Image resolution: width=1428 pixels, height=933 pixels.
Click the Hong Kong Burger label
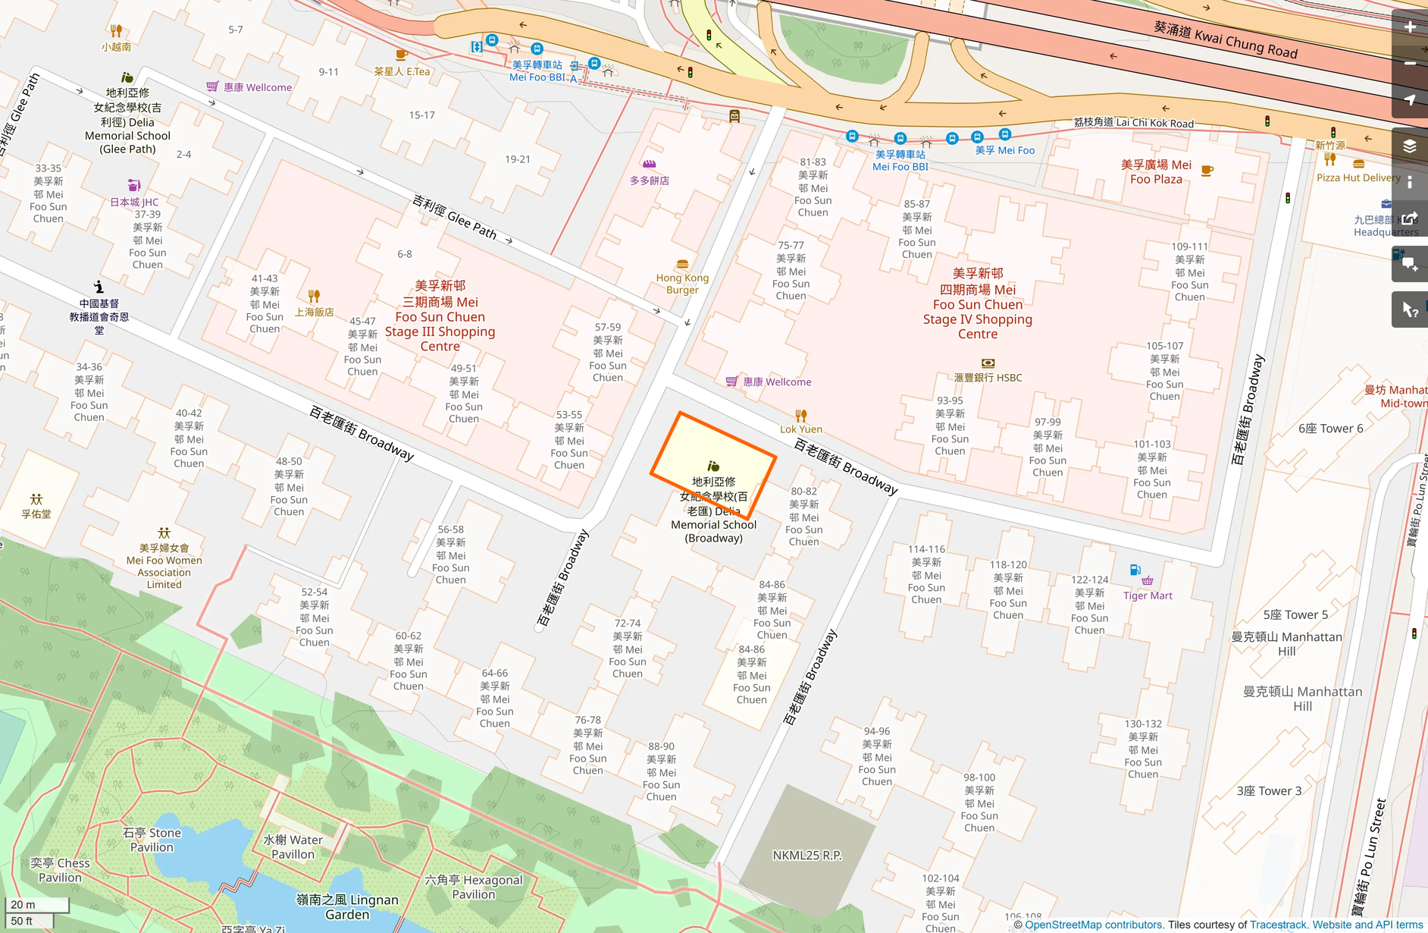coord(682,283)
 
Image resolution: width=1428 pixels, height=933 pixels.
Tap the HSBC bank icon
coord(988,363)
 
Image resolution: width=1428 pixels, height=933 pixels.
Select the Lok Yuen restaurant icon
coord(801,416)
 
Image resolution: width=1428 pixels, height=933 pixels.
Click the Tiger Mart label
coord(1147,595)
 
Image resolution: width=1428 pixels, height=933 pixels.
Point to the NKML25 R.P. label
coord(806,855)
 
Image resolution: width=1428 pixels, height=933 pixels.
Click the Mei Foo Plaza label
coord(1155,171)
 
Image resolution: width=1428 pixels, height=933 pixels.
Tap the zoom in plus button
coord(1410,27)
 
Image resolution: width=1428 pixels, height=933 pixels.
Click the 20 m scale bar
coord(36,904)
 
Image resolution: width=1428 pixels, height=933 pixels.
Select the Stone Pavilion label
coord(152,840)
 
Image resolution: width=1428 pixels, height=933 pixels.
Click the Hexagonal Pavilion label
coord(473,887)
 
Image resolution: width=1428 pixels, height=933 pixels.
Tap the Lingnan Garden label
coord(347,906)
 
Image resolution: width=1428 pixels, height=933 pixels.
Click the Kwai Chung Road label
coord(1226,39)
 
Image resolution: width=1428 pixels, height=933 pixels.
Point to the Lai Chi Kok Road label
coord(1133,122)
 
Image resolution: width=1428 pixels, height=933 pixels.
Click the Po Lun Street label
coord(1370,857)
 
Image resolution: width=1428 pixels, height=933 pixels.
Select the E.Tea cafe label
coord(402,71)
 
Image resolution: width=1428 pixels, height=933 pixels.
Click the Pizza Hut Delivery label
coord(1358,177)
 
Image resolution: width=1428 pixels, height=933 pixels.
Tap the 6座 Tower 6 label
coord(1330,429)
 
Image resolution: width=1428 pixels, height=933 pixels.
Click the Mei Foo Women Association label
coord(164,566)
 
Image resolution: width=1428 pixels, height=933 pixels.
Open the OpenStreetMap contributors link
coord(1092,925)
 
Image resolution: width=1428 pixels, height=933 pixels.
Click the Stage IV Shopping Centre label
coord(977,303)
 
